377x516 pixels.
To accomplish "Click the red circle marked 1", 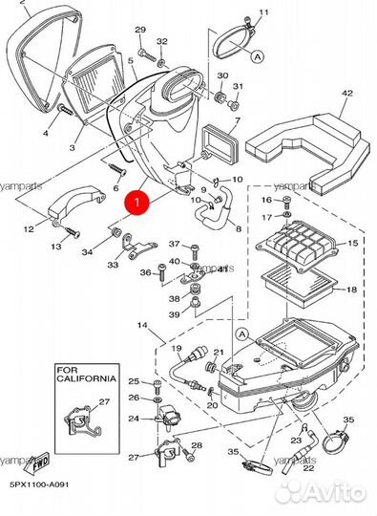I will pos(138,203).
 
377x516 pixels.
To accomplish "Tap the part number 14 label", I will pos(142,327).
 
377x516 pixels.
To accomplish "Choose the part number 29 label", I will pos(140,31).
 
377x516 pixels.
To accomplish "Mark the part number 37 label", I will pos(174,245).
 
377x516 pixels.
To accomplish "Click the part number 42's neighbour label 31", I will pos(241,88).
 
